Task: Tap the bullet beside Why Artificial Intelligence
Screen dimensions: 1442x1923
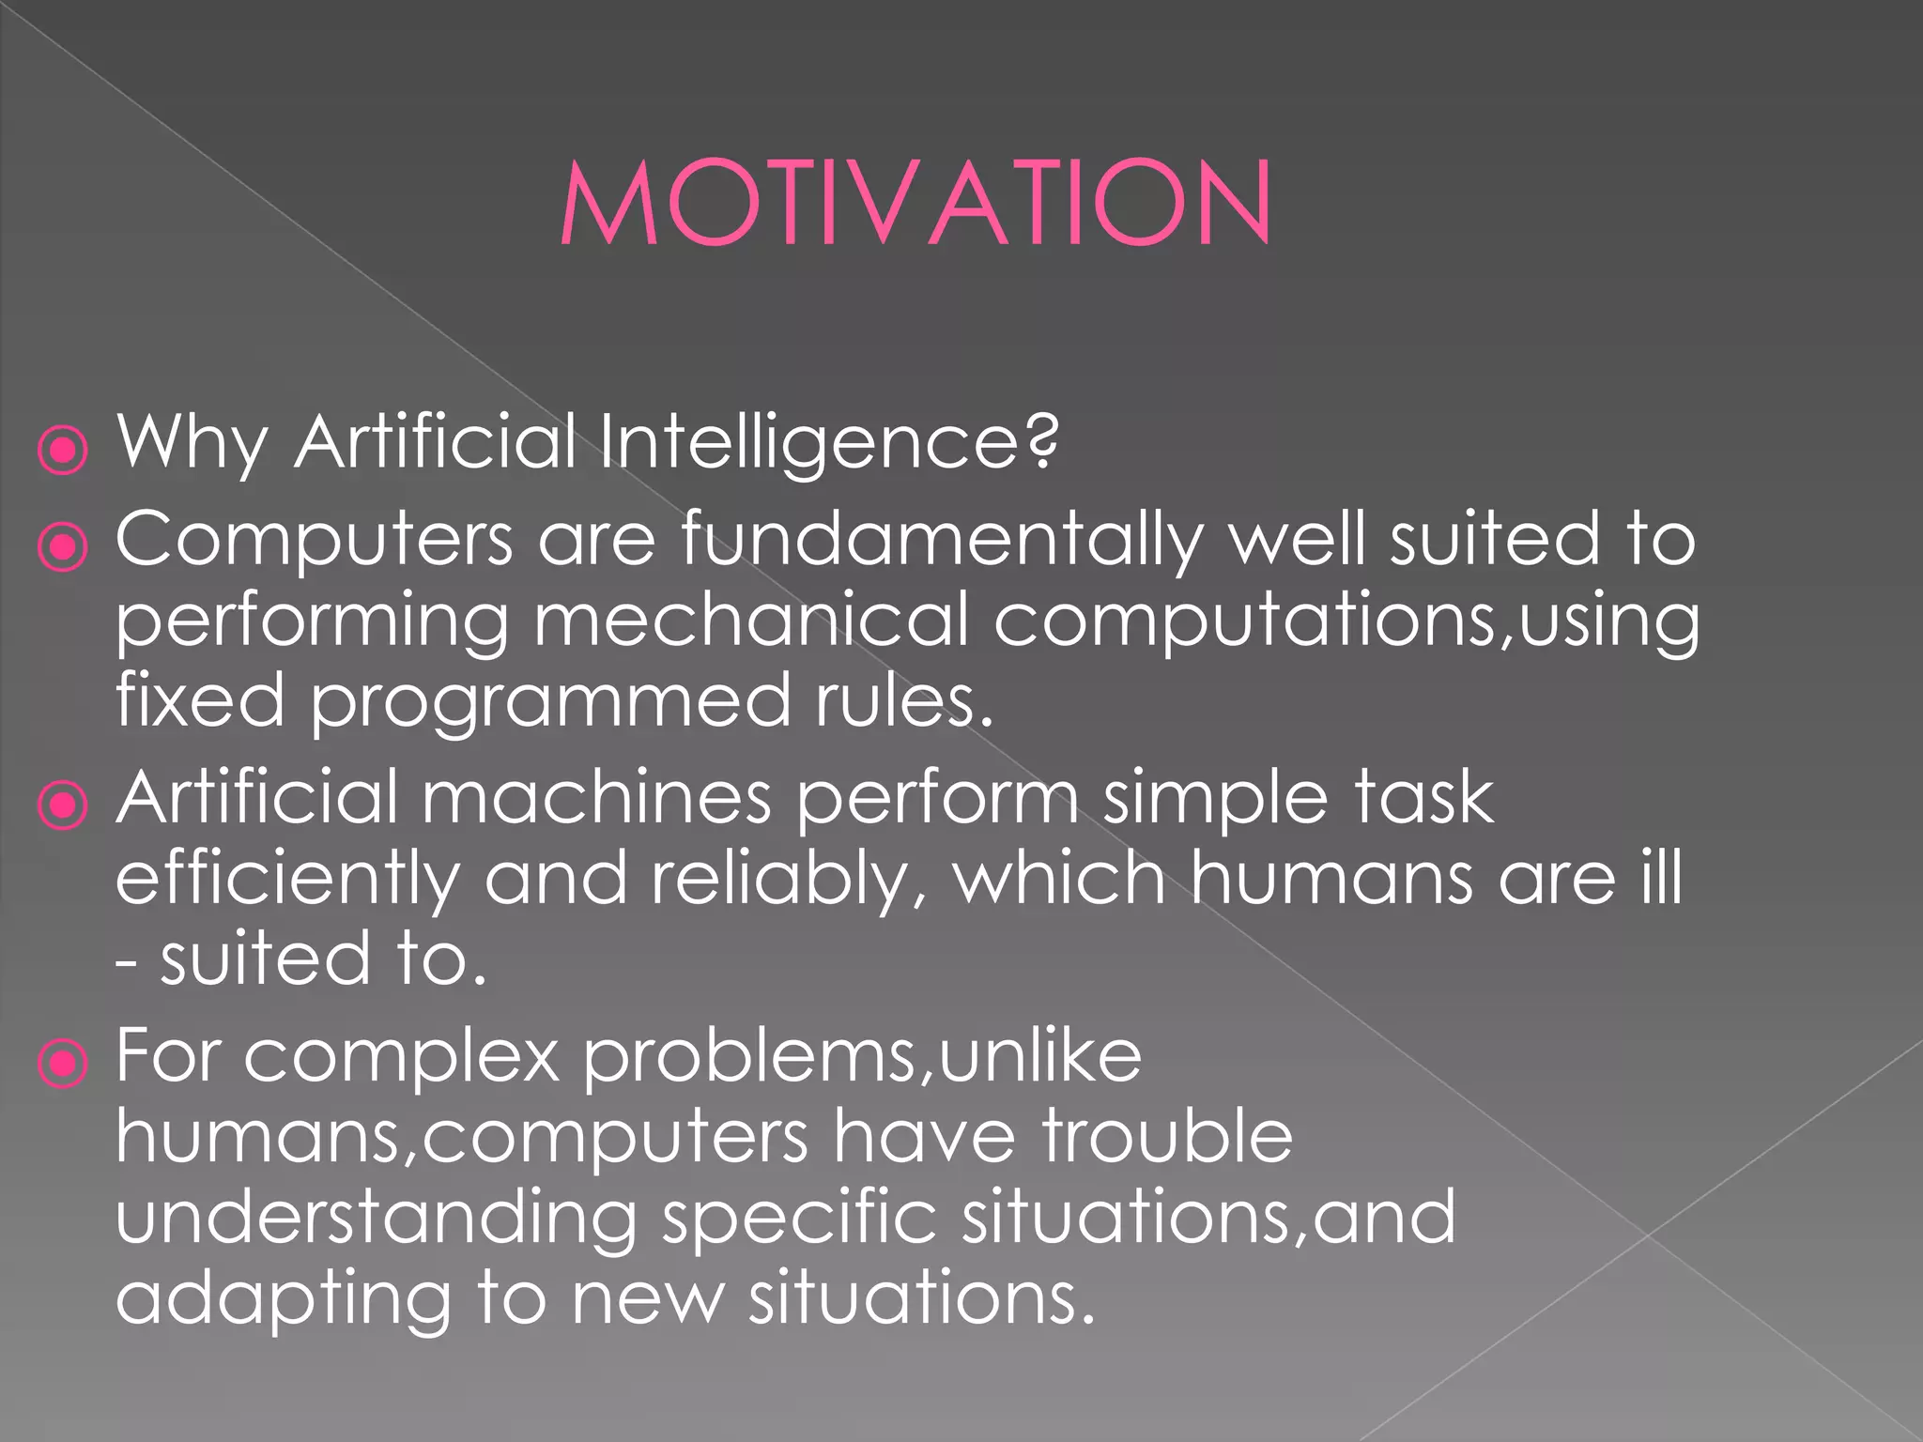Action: click(x=63, y=451)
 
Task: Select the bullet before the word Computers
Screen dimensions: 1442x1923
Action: click(x=63, y=546)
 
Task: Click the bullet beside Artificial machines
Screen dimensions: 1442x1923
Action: click(x=63, y=805)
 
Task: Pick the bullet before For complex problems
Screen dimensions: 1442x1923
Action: click(x=63, y=1064)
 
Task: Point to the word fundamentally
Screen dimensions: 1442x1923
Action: click(x=942, y=539)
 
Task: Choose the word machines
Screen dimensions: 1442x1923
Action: click(x=596, y=798)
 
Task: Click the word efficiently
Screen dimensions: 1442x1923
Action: click(x=287, y=881)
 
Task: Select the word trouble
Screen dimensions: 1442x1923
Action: click(x=1167, y=1136)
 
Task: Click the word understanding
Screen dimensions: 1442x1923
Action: click(x=377, y=1219)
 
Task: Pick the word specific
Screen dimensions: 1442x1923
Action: click(x=799, y=1219)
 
